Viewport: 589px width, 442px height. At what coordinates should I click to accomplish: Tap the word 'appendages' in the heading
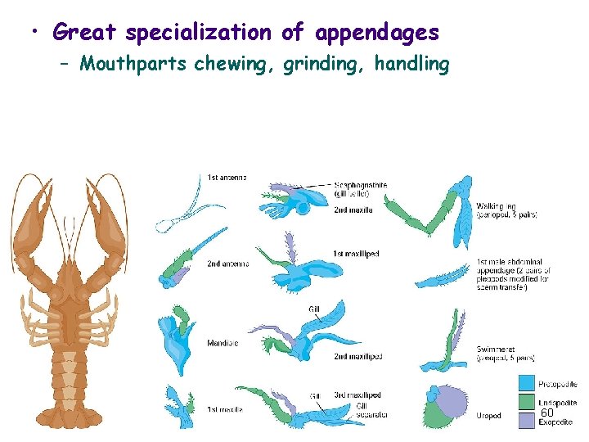[x=377, y=33]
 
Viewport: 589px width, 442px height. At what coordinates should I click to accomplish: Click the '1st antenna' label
[x=227, y=177]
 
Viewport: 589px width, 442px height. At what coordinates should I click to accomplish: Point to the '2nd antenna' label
[x=227, y=264]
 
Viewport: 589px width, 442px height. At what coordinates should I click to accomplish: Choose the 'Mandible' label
[x=222, y=344]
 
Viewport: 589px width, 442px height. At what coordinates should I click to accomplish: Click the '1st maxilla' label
[x=225, y=409]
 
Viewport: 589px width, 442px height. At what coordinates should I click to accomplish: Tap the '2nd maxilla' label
[x=353, y=210]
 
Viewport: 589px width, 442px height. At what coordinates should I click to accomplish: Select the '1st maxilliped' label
[x=357, y=255]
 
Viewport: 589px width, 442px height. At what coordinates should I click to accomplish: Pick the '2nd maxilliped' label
[x=358, y=357]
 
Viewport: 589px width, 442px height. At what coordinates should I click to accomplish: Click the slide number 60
[x=547, y=414]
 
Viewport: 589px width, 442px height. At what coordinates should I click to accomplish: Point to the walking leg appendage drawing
[x=434, y=213]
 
